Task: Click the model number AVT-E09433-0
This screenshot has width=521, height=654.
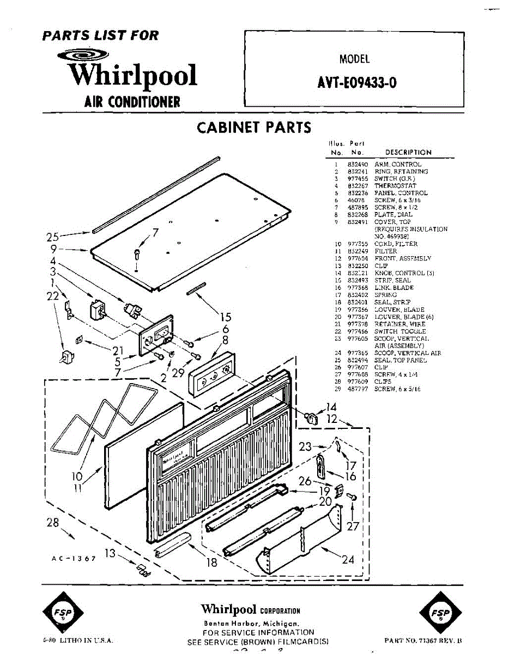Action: pos(356,83)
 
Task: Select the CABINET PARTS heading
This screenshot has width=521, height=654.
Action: pos(254,128)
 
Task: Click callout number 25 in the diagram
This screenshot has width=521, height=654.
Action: pos(52,237)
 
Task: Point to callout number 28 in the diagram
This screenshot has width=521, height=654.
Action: pos(52,522)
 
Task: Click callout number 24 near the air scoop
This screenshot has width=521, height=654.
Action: pos(348,559)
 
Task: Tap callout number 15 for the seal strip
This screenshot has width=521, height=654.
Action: pos(225,318)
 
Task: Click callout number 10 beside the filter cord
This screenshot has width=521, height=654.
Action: pos(76,476)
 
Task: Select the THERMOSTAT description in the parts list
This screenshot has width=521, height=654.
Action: pos(395,186)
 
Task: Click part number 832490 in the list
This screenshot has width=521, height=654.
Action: pos(358,164)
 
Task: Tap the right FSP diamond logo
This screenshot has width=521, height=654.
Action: pos(437,612)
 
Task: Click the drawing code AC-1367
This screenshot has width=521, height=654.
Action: pos(74,559)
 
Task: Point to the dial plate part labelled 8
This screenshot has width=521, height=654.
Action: pos(214,376)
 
